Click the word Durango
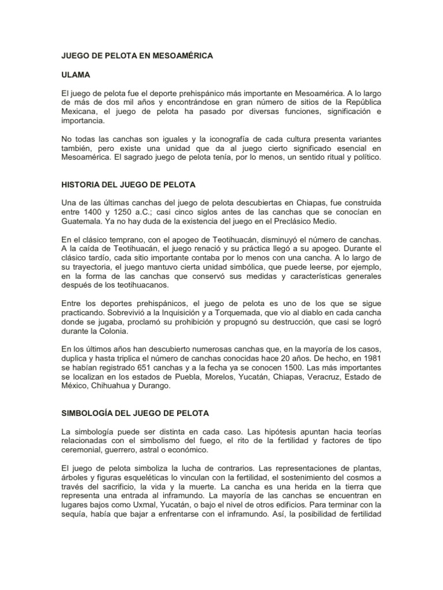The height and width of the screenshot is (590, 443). pyautogui.click(x=153, y=386)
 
